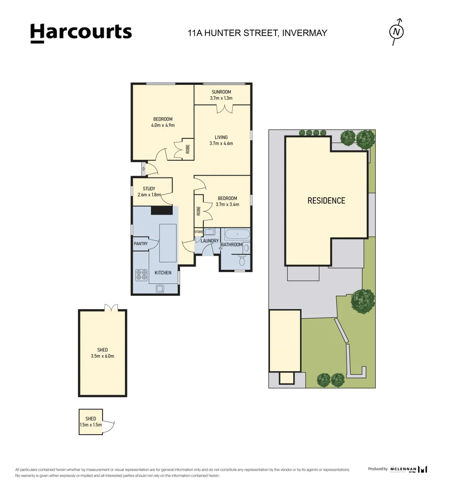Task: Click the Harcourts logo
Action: pos(81,33)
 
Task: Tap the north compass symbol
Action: pos(397,31)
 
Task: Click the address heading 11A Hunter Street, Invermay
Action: pos(258,33)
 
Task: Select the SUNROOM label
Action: pos(221,92)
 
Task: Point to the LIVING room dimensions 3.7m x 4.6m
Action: pos(221,143)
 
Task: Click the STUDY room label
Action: pos(149,189)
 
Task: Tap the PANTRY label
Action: pos(140,244)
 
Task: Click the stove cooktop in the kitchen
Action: pos(141,275)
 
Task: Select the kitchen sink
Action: pos(161,288)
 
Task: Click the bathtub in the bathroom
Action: pos(237,235)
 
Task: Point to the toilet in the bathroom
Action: pos(242,260)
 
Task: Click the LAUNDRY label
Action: pos(210,241)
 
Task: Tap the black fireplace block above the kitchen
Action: pos(161,210)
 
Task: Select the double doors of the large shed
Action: pos(111,308)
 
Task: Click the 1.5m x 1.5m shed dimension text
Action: pos(90,425)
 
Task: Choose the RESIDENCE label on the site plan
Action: pos(326,200)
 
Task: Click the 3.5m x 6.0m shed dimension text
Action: pos(102,356)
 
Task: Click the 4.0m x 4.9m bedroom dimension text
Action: pos(163,125)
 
